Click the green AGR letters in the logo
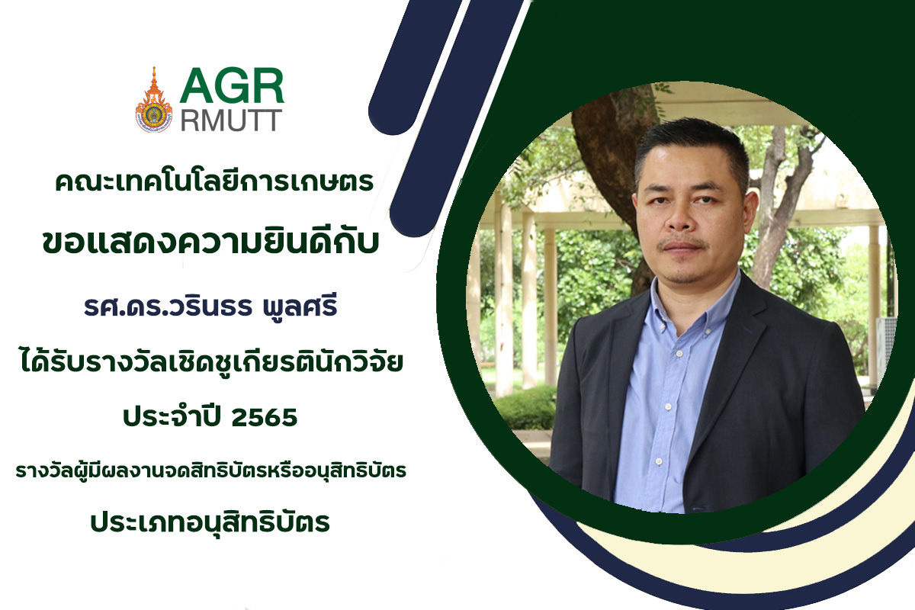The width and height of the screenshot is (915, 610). tap(232, 86)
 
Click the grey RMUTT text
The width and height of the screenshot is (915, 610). tap(232, 120)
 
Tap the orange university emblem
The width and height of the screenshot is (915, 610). tap(154, 100)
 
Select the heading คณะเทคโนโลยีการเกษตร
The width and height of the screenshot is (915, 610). tap(214, 181)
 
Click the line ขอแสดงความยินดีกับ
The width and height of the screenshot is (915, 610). tap(210, 242)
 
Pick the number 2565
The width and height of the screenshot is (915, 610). tap(265, 417)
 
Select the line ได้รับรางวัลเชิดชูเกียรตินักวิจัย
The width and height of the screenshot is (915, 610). tap(212, 361)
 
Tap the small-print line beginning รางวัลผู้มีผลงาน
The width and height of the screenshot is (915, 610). tap(211, 470)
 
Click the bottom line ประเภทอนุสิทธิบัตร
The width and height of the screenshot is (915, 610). tap(210, 522)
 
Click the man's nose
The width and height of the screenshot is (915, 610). tap(682, 220)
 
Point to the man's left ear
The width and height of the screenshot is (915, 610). tap(752, 213)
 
